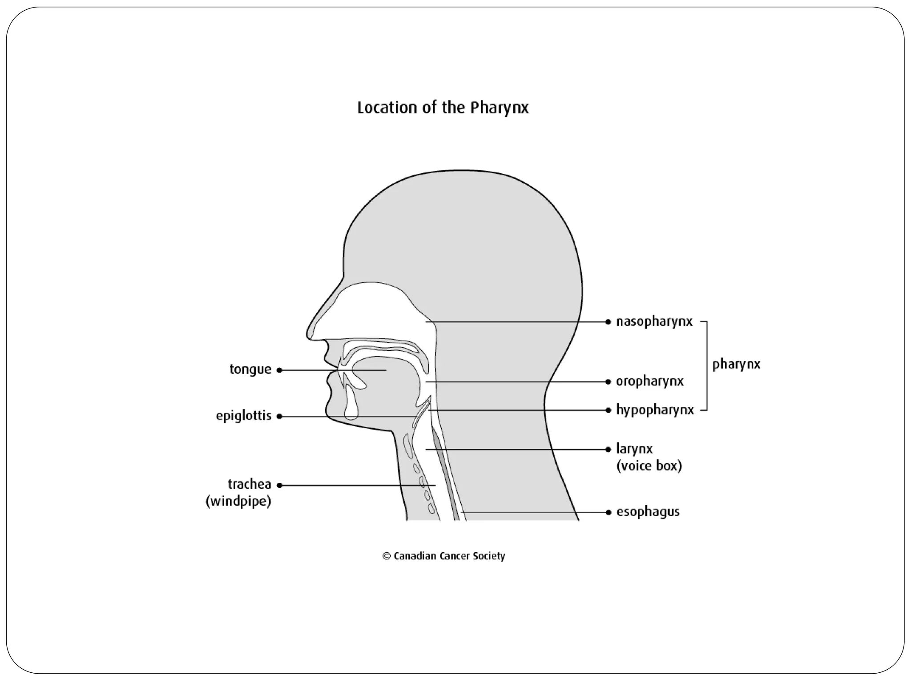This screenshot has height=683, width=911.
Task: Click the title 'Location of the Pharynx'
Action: pyautogui.click(x=443, y=108)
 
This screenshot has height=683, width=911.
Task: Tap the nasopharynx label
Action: pyautogui.click(x=654, y=322)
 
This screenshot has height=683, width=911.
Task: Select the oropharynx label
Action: pyautogui.click(x=649, y=382)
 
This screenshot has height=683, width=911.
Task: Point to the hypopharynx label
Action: pyautogui.click(x=655, y=410)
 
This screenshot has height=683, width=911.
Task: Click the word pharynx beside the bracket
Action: pyautogui.click(x=736, y=365)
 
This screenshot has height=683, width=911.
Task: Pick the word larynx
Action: pyautogui.click(x=634, y=449)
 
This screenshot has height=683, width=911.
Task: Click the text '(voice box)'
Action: pyautogui.click(x=649, y=466)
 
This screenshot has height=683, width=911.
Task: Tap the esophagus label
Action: pyautogui.click(x=648, y=512)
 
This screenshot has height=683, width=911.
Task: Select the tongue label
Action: pyautogui.click(x=250, y=370)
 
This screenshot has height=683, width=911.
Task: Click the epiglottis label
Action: pyautogui.click(x=244, y=416)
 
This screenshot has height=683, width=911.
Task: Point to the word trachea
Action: pyautogui.click(x=250, y=484)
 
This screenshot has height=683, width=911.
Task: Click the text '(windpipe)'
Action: pyautogui.click(x=238, y=502)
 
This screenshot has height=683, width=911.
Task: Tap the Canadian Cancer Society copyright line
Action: pyautogui.click(x=444, y=556)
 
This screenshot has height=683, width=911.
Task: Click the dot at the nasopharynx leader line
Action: pyautogui.click(x=608, y=322)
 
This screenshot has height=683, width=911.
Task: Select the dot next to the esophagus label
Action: pyautogui.click(x=608, y=512)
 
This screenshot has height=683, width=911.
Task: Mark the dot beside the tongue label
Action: pyautogui.click(x=279, y=370)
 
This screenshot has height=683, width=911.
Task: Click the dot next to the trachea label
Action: pyautogui.click(x=280, y=486)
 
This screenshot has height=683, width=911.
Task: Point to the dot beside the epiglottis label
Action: pyautogui.click(x=279, y=417)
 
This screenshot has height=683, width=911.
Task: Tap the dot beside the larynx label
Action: pyautogui.click(x=608, y=450)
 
